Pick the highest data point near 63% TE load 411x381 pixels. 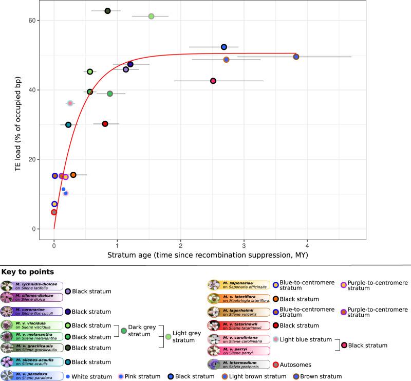coord(107,11)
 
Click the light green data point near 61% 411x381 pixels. coord(151,16)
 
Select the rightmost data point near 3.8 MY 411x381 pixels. coord(296,57)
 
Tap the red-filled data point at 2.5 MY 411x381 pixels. coord(213,81)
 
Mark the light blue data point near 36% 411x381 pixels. coord(70,103)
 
